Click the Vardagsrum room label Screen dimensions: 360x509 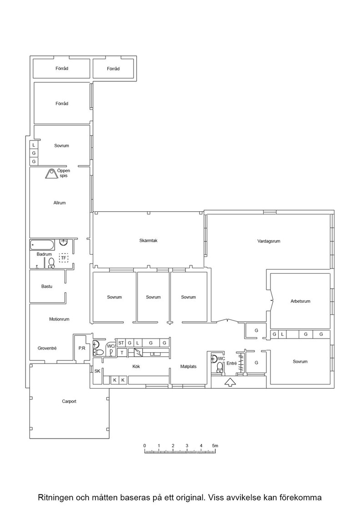pos(269,241)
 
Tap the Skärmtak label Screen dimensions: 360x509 pos(148,240)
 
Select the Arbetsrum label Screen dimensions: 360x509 pos(300,301)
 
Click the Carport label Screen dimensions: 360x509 pos(69,401)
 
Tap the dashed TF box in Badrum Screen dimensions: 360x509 pos(64,258)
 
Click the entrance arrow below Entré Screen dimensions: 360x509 pos(230,382)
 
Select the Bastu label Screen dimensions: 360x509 pos(47,286)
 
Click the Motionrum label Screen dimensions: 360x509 pos(59,319)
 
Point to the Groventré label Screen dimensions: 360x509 pos(47,348)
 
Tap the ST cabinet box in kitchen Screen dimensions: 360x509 pos(121,343)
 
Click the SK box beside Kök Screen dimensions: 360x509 pos(97,371)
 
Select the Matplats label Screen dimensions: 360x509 pos(189,366)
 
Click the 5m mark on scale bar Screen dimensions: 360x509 pos(215,446)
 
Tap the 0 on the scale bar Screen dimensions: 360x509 pos(145,446)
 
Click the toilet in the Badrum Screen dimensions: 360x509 pos(51,263)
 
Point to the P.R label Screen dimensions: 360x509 pos(82,348)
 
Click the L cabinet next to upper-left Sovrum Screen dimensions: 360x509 pos(34,145)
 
